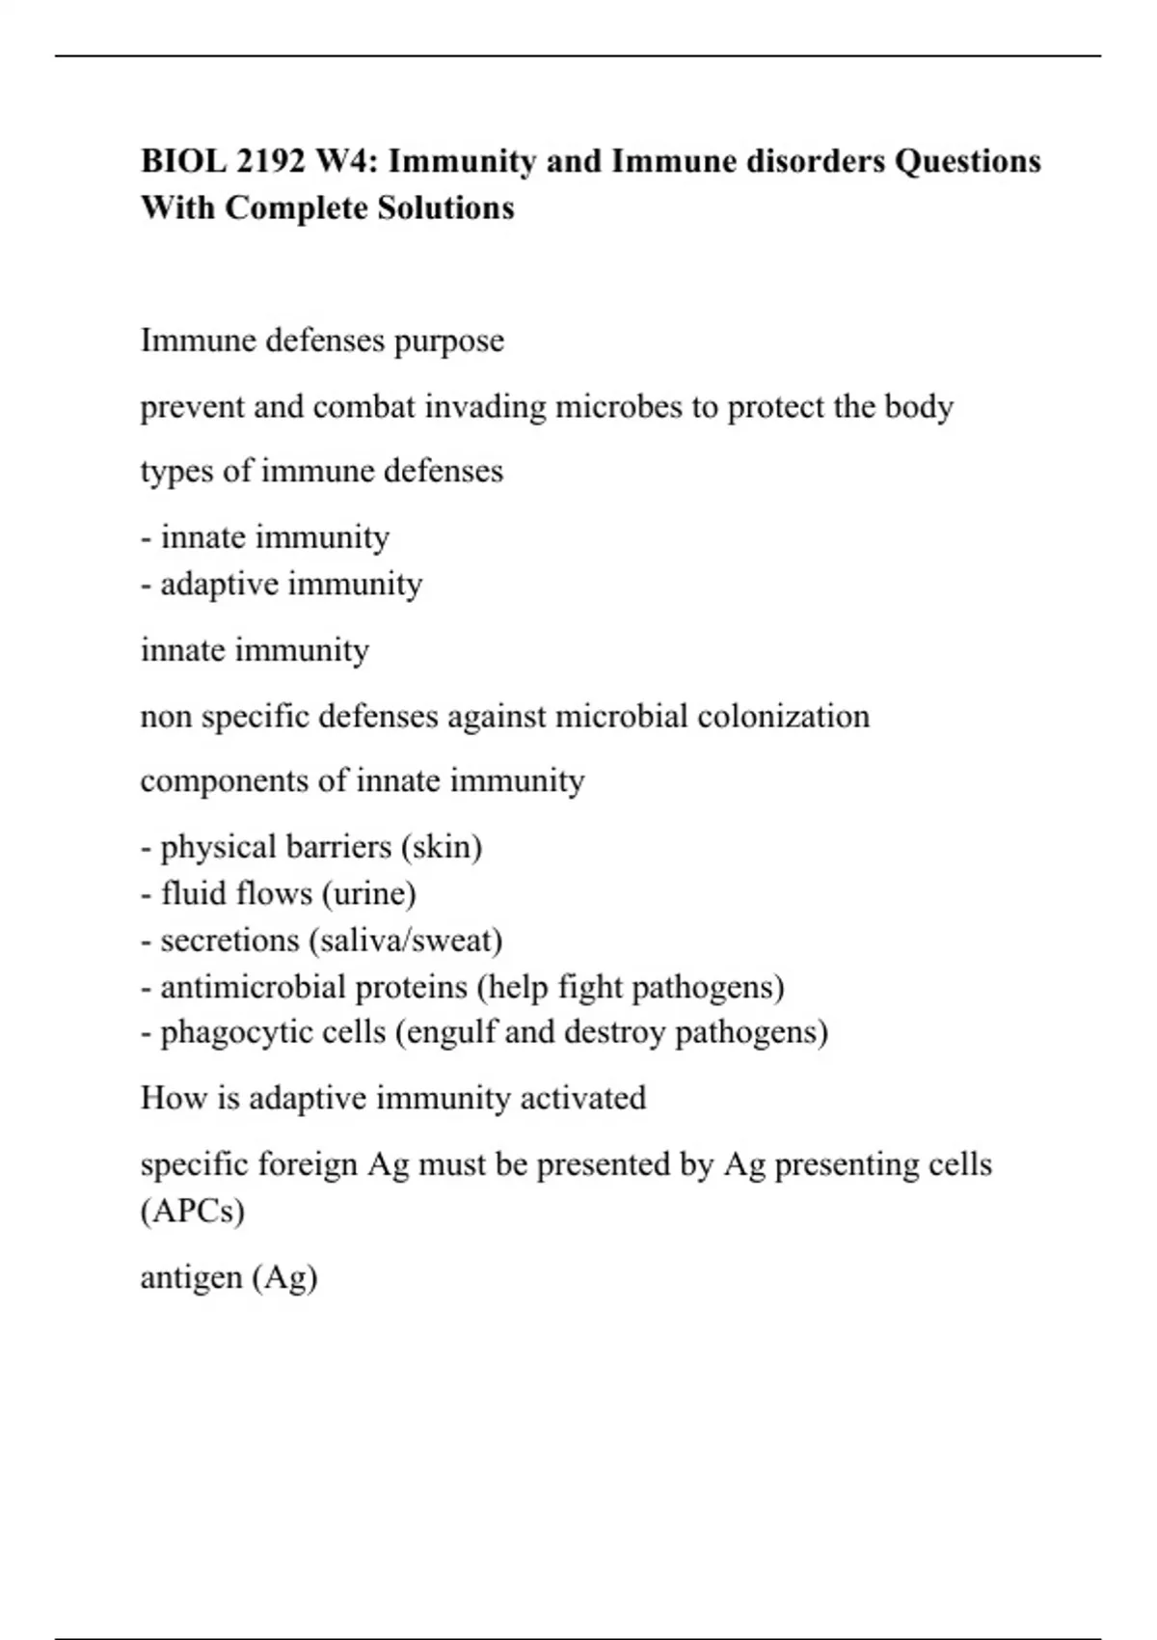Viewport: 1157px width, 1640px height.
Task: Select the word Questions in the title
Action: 967,161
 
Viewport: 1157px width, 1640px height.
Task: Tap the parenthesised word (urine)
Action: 369,893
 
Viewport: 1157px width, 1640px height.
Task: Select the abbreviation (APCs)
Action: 193,1211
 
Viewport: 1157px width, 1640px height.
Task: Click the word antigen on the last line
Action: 191,1278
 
